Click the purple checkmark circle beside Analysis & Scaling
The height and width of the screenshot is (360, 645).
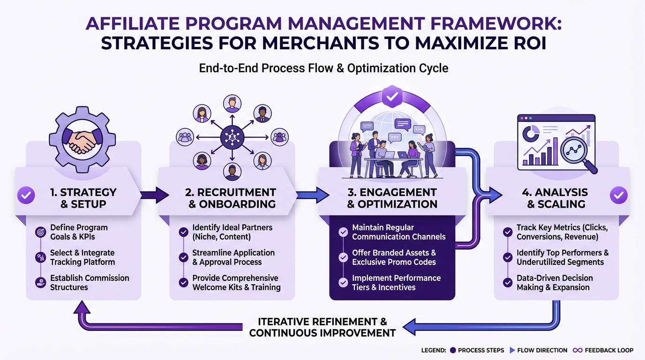[618, 195]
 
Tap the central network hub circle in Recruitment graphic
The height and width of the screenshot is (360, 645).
[233, 137]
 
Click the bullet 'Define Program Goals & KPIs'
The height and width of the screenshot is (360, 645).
[79, 232]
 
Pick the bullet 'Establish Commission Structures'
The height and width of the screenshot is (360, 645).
[89, 282]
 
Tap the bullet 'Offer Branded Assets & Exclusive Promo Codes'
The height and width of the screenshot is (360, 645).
[394, 257]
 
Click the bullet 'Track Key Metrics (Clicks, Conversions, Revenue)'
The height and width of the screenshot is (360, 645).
[562, 232]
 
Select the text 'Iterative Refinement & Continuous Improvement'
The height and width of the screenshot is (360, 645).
[322, 327]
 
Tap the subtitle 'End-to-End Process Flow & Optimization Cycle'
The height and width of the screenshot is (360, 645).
[323, 68]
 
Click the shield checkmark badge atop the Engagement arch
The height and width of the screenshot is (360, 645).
[392, 97]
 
